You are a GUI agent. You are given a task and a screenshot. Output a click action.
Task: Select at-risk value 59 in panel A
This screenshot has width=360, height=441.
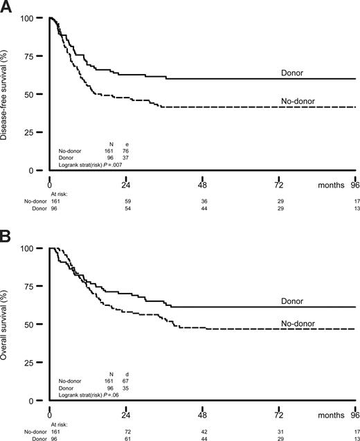[x=127, y=202]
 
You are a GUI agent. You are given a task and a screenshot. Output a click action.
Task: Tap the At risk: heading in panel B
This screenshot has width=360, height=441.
[x=60, y=424]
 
